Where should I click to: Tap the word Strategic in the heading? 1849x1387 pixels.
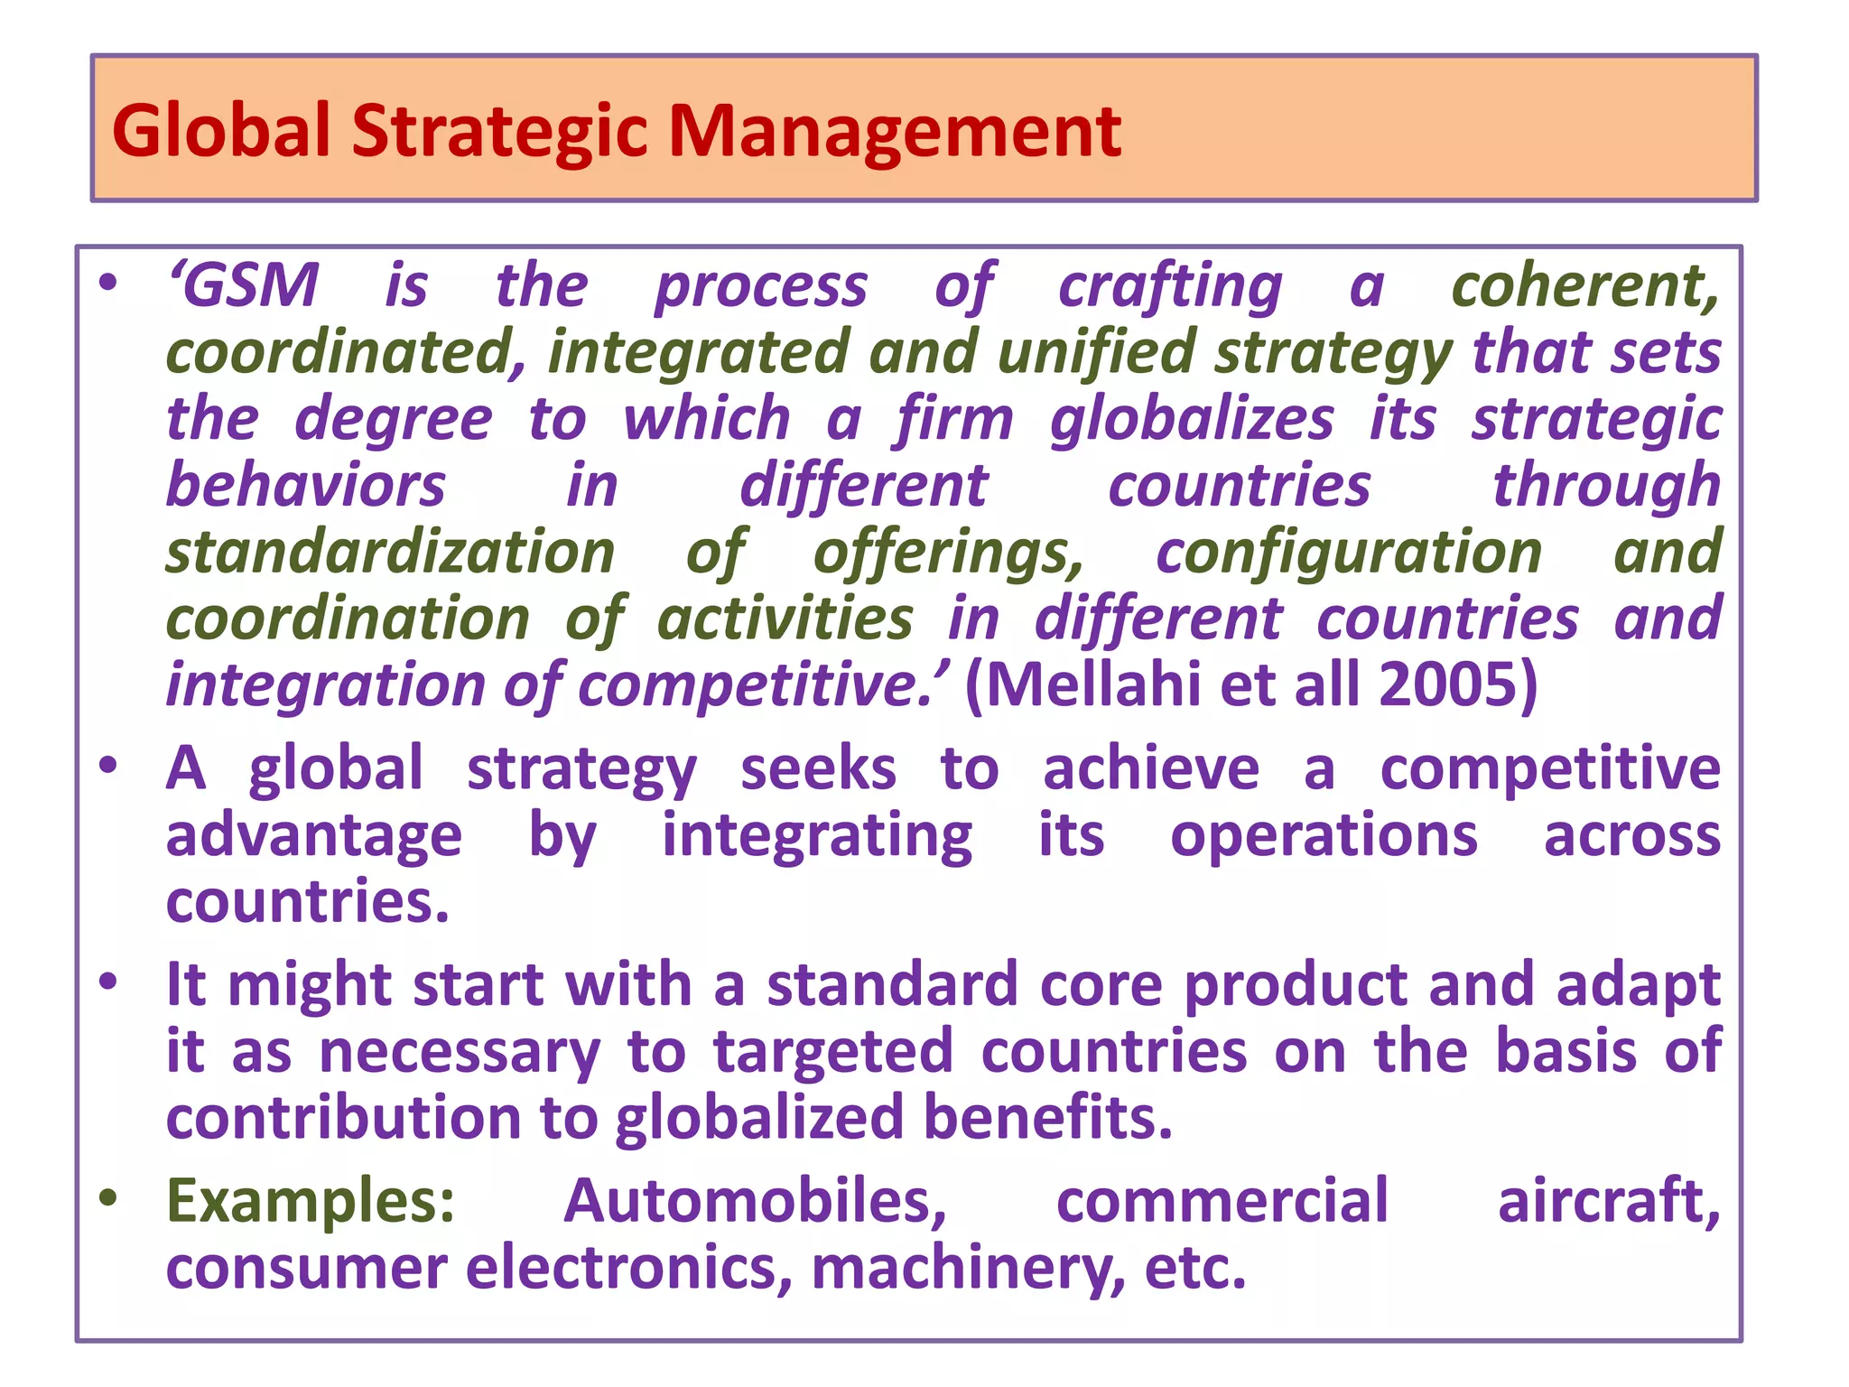(499, 132)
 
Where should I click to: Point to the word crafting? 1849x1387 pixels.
(1170, 287)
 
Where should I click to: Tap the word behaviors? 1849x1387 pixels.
(306, 485)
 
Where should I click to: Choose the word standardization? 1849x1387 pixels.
(390, 552)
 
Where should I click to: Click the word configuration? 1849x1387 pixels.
(1349, 552)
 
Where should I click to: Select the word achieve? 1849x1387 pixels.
(1151, 769)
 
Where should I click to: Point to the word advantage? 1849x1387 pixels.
(313, 835)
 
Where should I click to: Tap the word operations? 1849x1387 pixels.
(1324, 835)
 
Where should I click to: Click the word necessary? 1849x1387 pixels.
(460, 1052)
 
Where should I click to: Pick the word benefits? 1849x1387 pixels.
(1047, 1117)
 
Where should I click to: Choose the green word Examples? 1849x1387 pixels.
(311, 1201)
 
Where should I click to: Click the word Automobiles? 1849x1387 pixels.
(755, 1201)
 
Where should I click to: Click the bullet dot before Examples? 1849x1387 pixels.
(108, 1198)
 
